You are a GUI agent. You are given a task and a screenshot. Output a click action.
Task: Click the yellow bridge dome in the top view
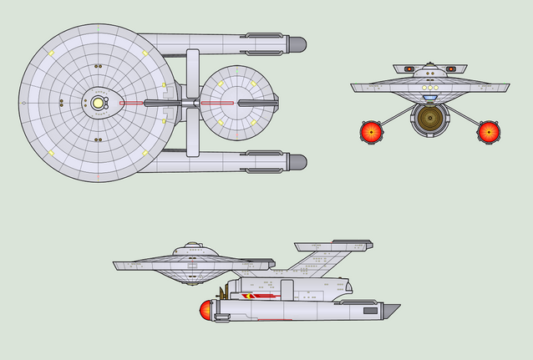[x=98, y=103]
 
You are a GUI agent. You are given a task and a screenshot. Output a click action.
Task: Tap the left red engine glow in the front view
[x=371, y=130]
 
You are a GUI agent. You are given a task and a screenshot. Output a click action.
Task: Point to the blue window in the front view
[x=429, y=97]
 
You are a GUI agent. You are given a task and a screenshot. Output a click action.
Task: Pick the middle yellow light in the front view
[x=429, y=87]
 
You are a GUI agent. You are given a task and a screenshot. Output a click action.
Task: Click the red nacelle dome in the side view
[x=204, y=312]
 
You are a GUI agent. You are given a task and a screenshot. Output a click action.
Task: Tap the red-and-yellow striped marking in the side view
[x=258, y=295]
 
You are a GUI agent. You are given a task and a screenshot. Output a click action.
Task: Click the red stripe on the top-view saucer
[x=134, y=104]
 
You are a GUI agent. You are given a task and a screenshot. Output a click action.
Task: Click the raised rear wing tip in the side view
[x=351, y=244]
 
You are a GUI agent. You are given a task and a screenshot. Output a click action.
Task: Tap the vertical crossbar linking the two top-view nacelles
[x=193, y=103]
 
